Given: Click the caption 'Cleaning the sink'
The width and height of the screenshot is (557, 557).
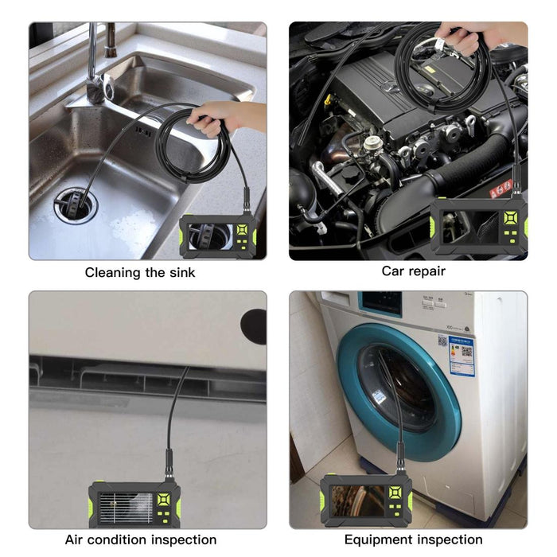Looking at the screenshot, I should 140,272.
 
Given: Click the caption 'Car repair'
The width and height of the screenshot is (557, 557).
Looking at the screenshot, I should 413,271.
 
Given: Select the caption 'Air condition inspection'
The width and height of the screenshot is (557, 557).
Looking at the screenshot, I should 141,539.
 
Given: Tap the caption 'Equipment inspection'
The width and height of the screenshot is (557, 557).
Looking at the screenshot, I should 414,539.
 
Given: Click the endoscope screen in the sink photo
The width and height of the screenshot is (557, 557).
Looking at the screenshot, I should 210,236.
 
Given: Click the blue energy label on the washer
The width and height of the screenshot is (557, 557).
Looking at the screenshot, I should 461,356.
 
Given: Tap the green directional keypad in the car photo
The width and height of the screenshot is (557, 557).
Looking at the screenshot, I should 509,218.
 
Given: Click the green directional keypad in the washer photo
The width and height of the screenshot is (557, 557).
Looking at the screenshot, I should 398,498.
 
